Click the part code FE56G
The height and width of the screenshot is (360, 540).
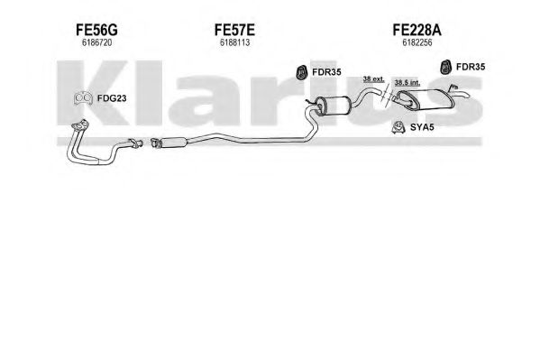click(96, 30)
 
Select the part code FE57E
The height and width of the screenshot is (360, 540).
click(234, 30)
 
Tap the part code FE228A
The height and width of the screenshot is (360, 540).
click(416, 30)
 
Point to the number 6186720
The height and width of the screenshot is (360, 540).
click(96, 42)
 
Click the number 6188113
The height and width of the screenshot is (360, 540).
click(234, 42)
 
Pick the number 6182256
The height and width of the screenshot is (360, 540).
click(417, 42)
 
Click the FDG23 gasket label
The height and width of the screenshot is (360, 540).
click(112, 98)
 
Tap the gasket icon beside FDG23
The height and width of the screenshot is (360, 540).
click(83, 98)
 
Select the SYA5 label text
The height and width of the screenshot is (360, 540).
click(422, 127)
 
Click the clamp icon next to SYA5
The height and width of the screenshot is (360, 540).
click(398, 128)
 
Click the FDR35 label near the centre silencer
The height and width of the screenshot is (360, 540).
click(326, 72)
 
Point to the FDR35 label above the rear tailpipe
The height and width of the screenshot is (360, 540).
click(471, 67)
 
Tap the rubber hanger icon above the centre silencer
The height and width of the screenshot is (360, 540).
click(302, 71)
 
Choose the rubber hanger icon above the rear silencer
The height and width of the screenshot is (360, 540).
click(446, 67)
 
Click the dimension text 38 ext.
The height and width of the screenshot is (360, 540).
click(373, 79)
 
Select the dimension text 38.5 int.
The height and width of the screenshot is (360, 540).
click(407, 83)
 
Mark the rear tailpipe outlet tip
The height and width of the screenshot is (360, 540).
click(469, 97)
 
